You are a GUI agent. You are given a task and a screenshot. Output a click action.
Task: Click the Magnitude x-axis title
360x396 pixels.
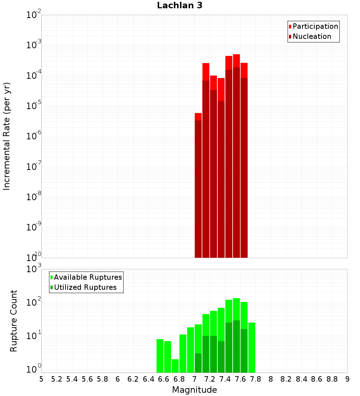tap(194, 390)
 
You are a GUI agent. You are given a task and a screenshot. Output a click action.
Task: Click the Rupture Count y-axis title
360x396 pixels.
tap(14, 321)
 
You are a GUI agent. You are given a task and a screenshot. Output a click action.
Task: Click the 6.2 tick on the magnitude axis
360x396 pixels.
tap(133, 379)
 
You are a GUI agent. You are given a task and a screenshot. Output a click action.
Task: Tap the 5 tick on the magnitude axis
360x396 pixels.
tap(41, 379)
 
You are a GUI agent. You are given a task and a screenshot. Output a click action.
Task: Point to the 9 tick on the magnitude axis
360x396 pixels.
tap(347, 379)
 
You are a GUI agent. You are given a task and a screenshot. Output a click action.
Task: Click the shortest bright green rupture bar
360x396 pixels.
tap(175, 365)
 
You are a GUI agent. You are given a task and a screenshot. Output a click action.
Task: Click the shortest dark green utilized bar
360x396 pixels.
tap(198, 363)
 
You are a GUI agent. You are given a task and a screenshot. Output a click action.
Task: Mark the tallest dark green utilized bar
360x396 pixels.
tap(236, 346)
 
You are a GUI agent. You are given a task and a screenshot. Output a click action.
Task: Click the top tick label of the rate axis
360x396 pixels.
tap(34, 15)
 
